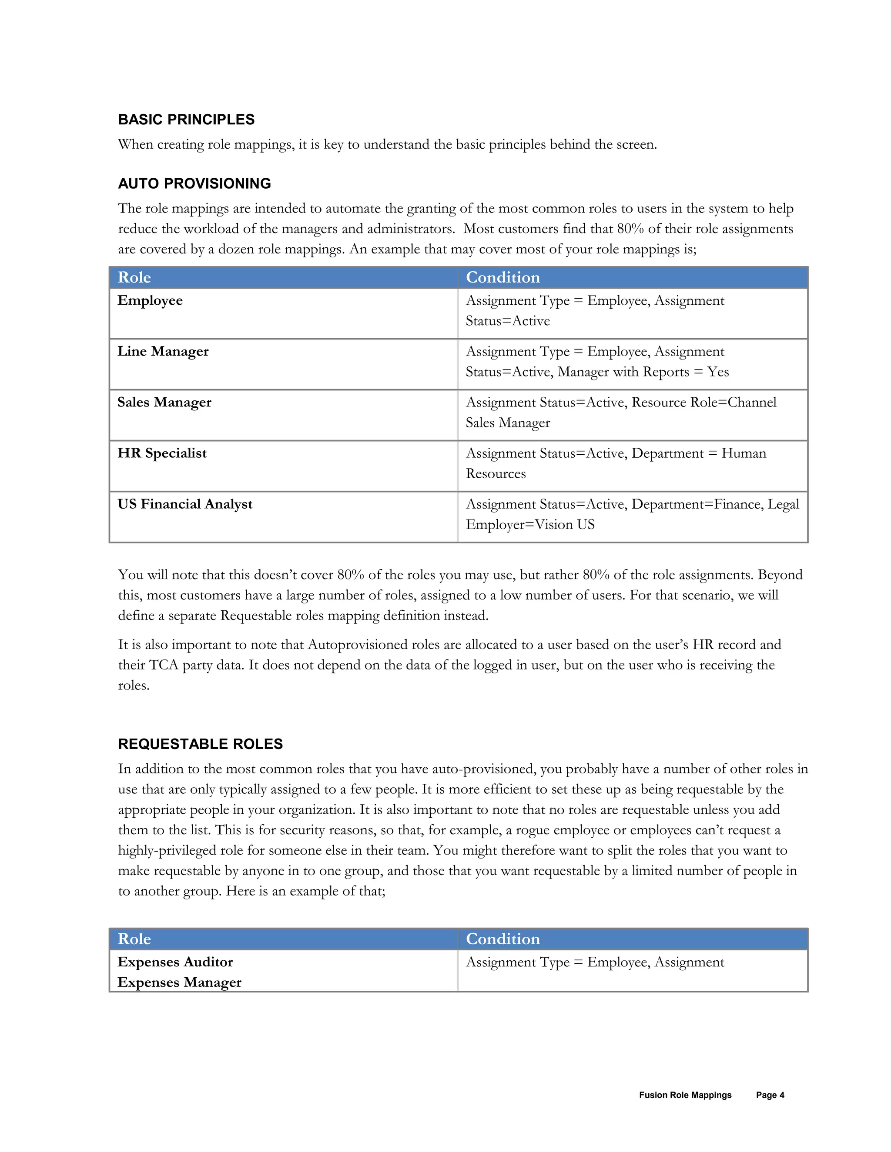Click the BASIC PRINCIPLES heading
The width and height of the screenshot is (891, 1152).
point(186,120)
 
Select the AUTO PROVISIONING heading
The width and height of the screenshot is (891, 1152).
point(194,183)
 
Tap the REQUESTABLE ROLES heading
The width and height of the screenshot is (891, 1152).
point(200,744)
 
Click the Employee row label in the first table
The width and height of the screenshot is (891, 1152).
point(150,301)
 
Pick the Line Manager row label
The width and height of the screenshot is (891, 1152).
point(163,351)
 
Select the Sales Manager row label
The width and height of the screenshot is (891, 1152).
point(164,403)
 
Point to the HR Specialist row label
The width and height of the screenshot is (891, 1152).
point(161,453)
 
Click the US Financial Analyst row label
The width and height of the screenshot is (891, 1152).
point(185,504)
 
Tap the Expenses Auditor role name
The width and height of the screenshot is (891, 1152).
point(175,962)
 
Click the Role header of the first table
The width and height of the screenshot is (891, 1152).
point(134,277)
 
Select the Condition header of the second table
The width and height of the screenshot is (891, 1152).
point(502,939)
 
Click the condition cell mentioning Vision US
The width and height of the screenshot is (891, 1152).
point(632,514)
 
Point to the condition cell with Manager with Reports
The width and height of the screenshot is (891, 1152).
point(596,362)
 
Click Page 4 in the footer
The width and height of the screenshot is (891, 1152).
point(770,1095)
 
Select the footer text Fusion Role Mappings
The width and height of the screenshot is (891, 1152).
point(685,1095)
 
